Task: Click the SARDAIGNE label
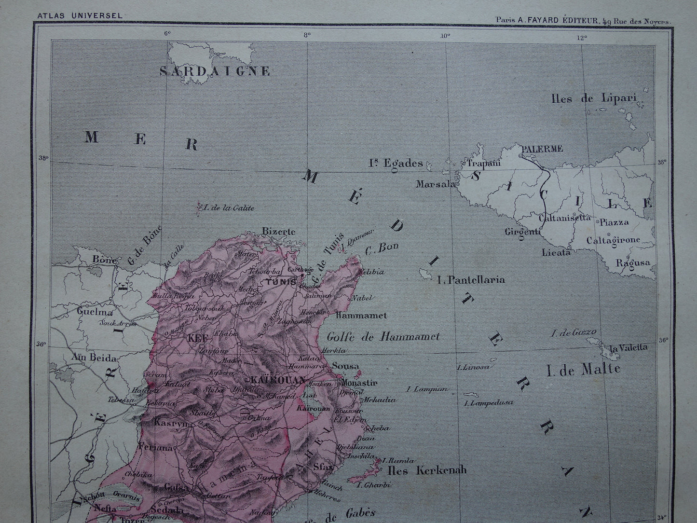[215, 71]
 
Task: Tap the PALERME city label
[541, 149]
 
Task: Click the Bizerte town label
[278, 231]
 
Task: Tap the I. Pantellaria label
[471, 279]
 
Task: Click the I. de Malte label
[583, 370]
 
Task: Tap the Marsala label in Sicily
[436, 184]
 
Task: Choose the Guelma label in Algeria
[95, 312]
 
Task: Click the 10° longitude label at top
[445, 34]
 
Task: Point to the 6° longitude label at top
[167, 34]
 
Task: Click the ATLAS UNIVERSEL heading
[80, 15]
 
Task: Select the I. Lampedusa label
[488, 402]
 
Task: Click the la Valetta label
[628, 348]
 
